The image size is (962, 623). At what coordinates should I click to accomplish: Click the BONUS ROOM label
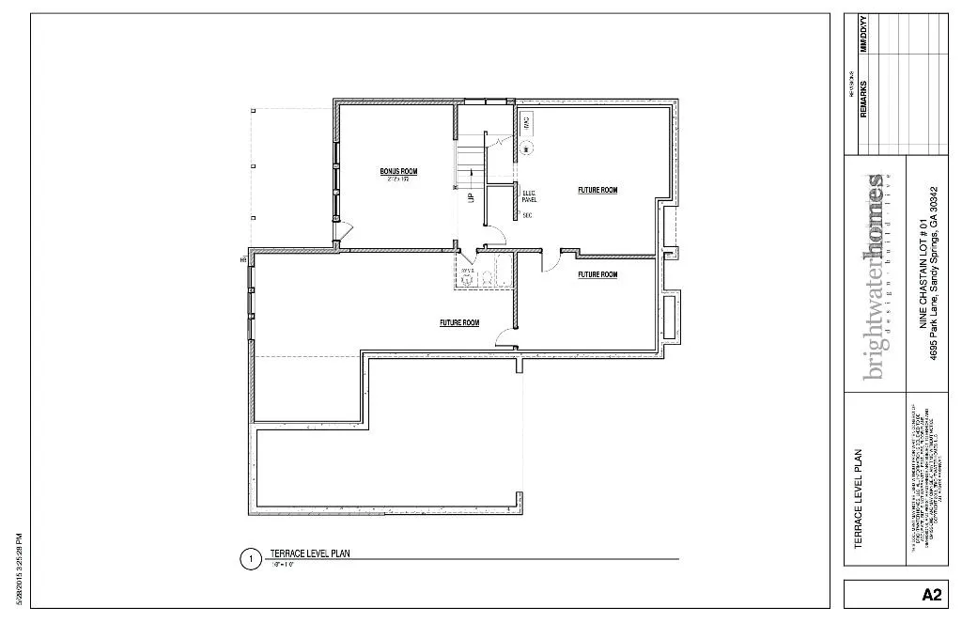click(398, 171)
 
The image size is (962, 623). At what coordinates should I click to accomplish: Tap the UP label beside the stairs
click(472, 197)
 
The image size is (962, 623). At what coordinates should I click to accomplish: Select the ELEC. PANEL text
click(529, 196)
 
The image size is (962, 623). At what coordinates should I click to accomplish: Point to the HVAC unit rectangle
click(527, 121)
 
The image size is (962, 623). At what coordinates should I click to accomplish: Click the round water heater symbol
click(527, 147)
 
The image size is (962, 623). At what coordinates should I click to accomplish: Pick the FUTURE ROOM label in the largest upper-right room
click(597, 190)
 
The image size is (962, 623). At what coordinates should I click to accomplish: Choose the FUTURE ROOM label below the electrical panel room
click(597, 274)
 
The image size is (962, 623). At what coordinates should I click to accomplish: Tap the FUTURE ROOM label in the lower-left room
click(459, 322)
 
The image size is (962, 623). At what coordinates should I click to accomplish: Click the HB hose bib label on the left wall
click(242, 259)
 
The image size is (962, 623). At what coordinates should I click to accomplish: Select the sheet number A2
click(931, 594)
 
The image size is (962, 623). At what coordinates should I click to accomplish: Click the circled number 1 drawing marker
click(250, 560)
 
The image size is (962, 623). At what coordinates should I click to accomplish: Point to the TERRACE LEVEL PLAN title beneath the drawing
click(310, 554)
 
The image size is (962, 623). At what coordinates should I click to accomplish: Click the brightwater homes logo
click(876, 276)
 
